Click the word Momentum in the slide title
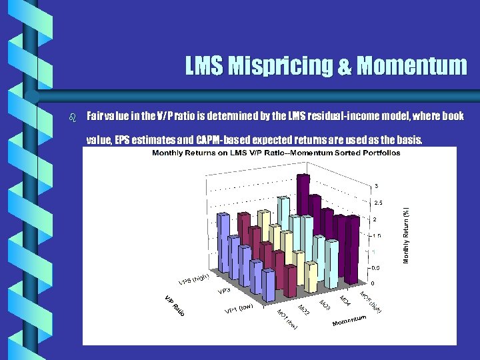coord(411,66)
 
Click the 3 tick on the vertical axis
coord(377,185)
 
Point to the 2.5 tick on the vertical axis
coord(377,202)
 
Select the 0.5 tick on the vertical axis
coord(377,267)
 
